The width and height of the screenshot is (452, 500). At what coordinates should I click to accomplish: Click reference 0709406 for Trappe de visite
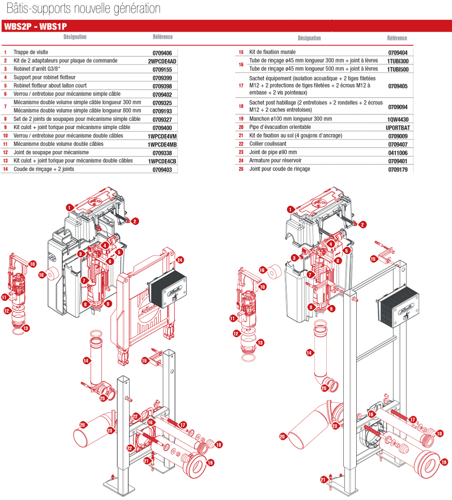162,53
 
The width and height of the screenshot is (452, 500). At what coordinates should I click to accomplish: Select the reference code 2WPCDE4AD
162,61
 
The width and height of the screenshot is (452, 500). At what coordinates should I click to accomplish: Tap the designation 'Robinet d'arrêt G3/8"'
37,69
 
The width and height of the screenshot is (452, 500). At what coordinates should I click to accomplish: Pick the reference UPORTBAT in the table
398,128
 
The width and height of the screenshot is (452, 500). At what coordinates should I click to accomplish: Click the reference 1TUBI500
398,69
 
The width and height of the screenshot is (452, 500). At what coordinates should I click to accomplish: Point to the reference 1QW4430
398,120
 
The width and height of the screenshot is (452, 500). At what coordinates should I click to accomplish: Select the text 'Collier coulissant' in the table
268,144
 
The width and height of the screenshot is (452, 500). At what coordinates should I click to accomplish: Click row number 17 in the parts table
241,86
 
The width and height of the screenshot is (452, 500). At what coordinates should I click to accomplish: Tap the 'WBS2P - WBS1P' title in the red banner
35,26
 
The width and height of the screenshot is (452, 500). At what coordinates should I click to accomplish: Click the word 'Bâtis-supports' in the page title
39,9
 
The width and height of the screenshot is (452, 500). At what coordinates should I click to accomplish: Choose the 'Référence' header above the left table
162,37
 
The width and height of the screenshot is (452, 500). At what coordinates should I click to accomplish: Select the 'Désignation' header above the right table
309,38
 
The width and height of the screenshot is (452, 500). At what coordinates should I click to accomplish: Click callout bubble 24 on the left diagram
180,260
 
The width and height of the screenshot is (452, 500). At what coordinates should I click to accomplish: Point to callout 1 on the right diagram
290,209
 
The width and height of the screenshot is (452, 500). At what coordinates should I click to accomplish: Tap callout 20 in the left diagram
82,425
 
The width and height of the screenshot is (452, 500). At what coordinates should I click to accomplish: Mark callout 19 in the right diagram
444,462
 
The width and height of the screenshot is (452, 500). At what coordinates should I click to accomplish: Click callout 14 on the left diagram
86,361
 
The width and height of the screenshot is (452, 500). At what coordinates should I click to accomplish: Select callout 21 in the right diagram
323,480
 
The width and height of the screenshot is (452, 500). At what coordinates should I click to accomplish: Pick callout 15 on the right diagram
373,259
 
